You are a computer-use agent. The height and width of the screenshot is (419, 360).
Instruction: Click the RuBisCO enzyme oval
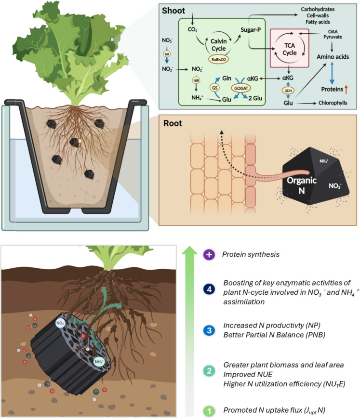pyautogui.click(x=218, y=59)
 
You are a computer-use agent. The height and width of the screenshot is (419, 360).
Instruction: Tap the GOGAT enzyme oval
pyautogui.click(x=241, y=88)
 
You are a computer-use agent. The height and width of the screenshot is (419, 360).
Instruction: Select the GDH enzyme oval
pyautogui.click(x=288, y=91)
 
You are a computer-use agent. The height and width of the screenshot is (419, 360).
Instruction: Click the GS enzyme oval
pyautogui.click(x=214, y=88)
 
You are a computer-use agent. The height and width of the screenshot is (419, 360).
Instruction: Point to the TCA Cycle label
pyautogui.click(x=289, y=49)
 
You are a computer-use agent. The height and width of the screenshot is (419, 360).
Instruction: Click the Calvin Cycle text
pyautogui.click(x=218, y=45)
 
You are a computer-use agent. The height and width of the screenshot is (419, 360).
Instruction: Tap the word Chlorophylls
pyautogui.click(x=333, y=103)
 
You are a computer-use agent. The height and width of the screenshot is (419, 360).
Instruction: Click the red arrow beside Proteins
pyautogui.click(x=346, y=89)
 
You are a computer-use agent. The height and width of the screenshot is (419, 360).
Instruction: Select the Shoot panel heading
pyautogui.click(x=173, y=11)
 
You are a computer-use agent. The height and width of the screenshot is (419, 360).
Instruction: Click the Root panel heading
pyautogui.click(x=173, y=123)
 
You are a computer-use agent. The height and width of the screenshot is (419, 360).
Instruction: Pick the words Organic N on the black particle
pyautogui.click(x=302, y=185)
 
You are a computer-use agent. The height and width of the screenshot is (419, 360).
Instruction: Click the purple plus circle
pyautogui.click(x=209, y=255)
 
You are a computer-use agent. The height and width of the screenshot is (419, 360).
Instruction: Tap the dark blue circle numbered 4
pyautogui.click(x=209, y=289)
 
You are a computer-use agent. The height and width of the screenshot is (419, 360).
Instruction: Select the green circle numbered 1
pyautogui.click(x=209, y=411)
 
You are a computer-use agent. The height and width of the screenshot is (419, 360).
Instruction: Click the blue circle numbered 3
pyautogui.click(x=209, y=330)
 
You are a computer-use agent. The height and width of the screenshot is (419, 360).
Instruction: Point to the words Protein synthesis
pyautogui.click(x=251, y=254)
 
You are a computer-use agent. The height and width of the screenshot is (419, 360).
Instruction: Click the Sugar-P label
pyautogui.click(x=251, y=30)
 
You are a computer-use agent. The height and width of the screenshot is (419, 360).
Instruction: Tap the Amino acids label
pyautogui.click(x=333, y=57)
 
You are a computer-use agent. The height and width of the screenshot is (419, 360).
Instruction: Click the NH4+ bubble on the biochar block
pyautogui.click(x=99, y=362)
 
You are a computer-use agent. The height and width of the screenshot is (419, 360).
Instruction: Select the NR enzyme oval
pyautogui.click(x=167, y=54)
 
